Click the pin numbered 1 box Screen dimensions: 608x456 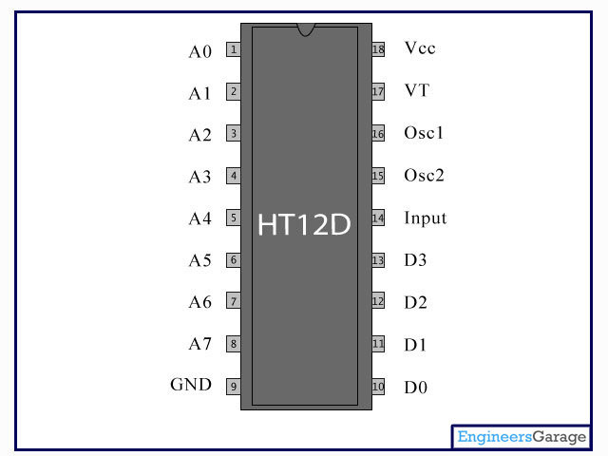pos(234,49)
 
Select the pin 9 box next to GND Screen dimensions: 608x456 pos(234,387)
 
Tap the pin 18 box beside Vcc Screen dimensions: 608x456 pos(378,49)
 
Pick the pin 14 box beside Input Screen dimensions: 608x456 pos(378,218)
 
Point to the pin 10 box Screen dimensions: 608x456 pos(378,387)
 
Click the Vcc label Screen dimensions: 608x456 pos(420,48)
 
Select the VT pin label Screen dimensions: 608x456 pos(416,90)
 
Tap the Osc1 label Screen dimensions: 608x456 pos(424,133)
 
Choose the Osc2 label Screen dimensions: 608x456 pos(424,175)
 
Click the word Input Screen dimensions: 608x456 pos(426,218)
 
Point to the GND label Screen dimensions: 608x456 pos(191,385)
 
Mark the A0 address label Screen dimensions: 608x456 pos(200,51)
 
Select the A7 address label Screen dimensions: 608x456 pos(200,344)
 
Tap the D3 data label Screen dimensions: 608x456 pos(415,259)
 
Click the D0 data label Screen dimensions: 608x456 pos(416,387)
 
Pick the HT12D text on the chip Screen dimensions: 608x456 pos(304,224)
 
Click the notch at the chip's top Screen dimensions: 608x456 pos(306,29)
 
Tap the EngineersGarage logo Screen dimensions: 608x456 pos(522,437)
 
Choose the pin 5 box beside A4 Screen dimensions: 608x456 pos(234,218)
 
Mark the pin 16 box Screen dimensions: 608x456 pos(378,134)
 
